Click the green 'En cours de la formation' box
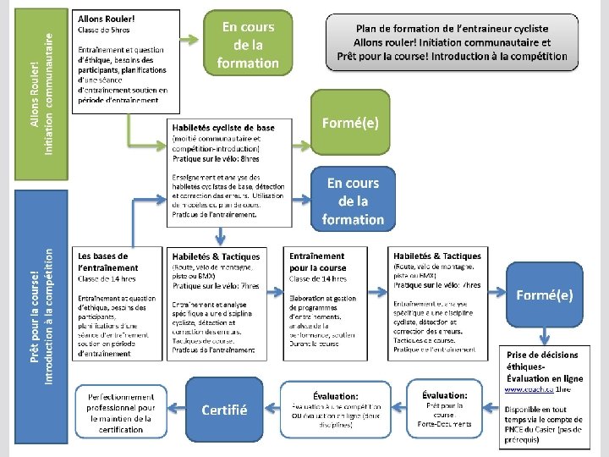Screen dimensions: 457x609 point(247,45)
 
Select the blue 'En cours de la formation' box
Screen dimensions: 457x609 point(353,201)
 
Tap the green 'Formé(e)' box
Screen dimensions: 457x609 point(350,124)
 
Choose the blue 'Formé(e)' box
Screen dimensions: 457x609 point(545,295)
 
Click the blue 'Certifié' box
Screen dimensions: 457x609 point(224,410)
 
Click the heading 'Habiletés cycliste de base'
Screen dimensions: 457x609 point(223,128)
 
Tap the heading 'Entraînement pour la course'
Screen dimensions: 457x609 point(317,262)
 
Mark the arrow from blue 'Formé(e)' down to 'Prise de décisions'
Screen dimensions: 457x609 point(545,336)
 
